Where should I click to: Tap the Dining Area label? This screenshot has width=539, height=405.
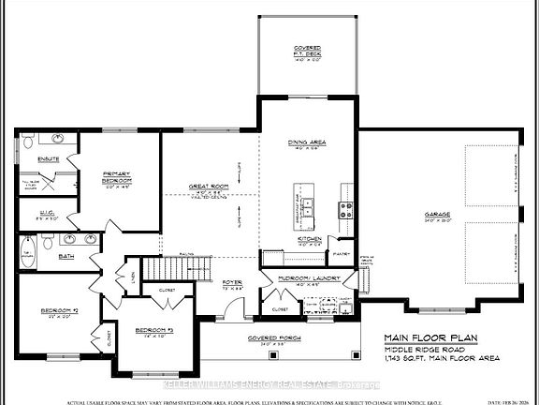(308, 142)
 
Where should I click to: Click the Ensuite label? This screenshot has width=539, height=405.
(49, 159)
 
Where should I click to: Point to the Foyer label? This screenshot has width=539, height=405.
(233, 281)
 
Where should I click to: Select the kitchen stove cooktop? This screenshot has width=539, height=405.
(345, 208)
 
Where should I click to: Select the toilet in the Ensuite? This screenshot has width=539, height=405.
(28, 142)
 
